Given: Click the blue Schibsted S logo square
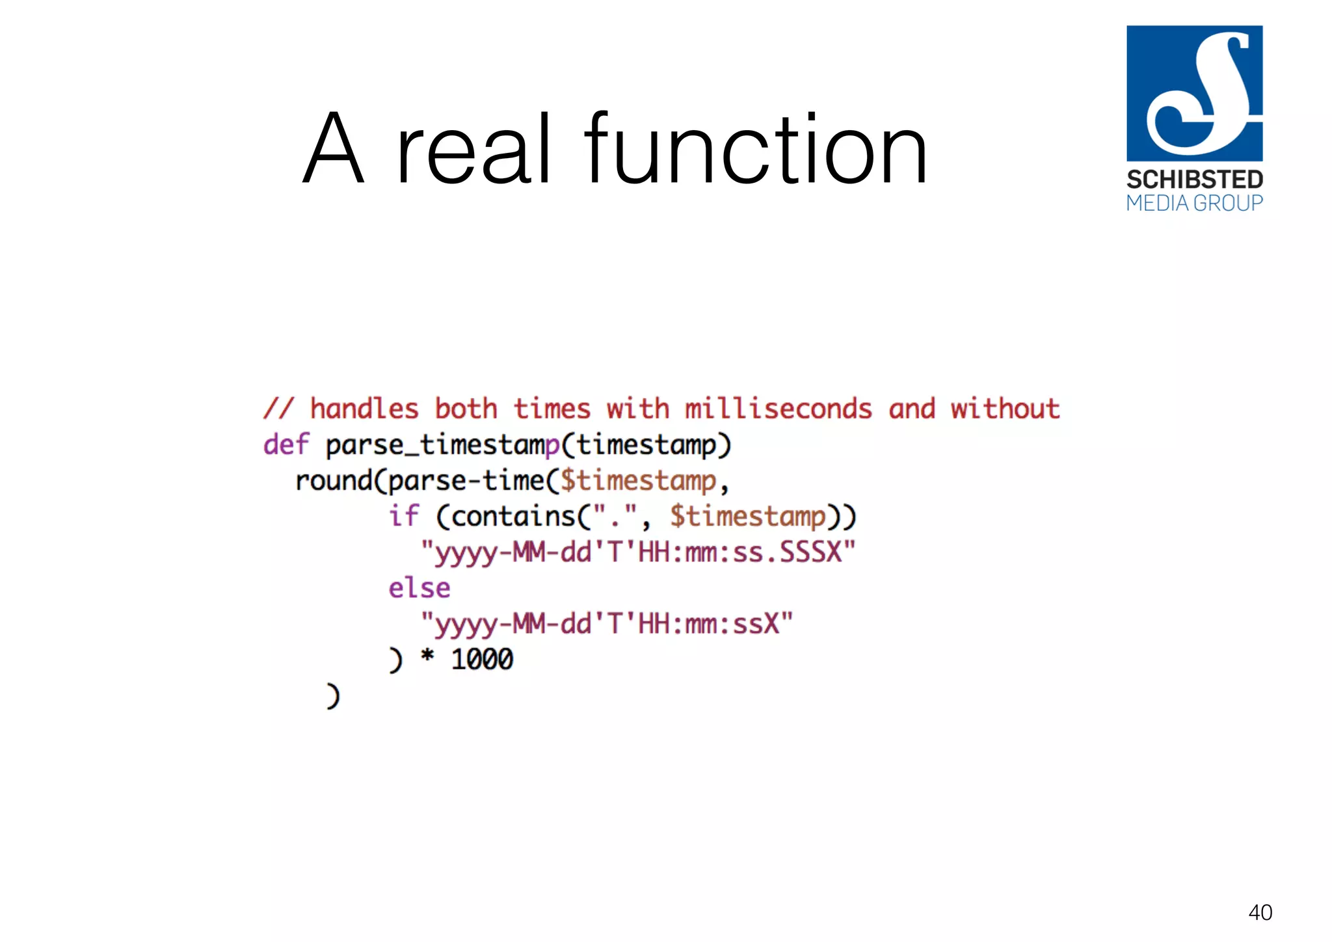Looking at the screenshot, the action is [x=1194, y=93].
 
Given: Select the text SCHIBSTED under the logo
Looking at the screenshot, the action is [x=1194, y=180].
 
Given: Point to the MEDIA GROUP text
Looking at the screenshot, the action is [x=1194, y=204].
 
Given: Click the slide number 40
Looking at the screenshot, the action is [x=1260, y=912].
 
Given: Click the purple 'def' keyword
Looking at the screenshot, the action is [x=286, y=445].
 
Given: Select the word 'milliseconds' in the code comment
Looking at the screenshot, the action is [x=778, y=409].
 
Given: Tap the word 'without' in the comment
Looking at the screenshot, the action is [x=1005, y=409].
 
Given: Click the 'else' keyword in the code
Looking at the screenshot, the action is [x=420, y=588].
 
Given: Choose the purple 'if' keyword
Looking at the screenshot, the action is [x=403, y=517].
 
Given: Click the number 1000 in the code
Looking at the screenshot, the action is [x=482, y=660].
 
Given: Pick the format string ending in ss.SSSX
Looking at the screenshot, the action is [x=637, y=552].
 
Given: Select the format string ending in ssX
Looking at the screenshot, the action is [x=606, y=624].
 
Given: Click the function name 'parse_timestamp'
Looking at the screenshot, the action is [x=442, y=446].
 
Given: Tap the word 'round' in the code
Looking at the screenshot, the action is [x=334, y=481].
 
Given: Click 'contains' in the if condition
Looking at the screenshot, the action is [x=513, y=517].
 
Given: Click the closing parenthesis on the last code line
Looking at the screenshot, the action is [x=332, y=696].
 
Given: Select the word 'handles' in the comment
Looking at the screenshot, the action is [x=364, y=409].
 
